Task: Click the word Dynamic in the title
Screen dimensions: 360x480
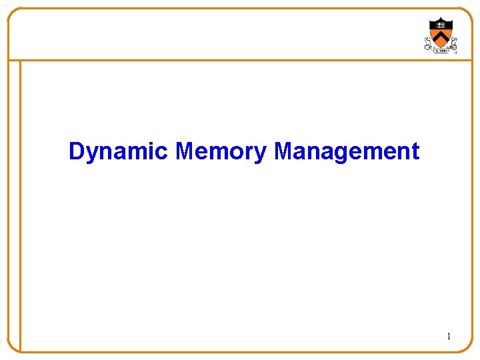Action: click(118, 152)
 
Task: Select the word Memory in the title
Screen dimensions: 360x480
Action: click(221, 152)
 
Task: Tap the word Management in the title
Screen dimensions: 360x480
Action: click(347, 152)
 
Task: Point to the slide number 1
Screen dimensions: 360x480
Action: click(449, 337)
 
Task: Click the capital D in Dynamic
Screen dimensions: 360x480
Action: click(76, 151)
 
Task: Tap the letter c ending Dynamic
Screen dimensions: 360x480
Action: click(162, 153)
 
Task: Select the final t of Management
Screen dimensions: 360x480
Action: click(415, 152)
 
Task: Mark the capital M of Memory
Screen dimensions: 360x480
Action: click(184, 151)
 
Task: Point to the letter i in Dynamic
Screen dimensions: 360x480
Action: click(152, 151)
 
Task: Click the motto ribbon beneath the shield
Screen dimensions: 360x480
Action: click(441, 50)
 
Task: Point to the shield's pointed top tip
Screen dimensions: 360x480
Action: click(441, 17)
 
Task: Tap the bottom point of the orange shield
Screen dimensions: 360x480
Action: click(441, 46)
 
